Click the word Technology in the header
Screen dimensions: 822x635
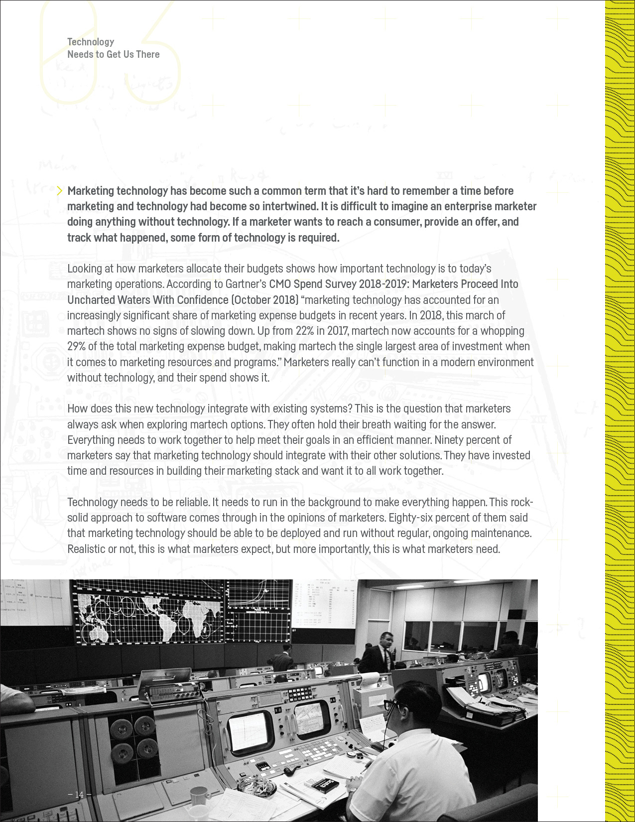click(x=91, y=42)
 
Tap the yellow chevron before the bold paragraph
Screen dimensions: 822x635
click(x=60, y=191)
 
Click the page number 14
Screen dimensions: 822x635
click(x=79, y=795)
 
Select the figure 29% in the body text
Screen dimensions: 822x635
click(x=76, y=346)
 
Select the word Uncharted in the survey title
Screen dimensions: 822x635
click(x=90, y=300)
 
